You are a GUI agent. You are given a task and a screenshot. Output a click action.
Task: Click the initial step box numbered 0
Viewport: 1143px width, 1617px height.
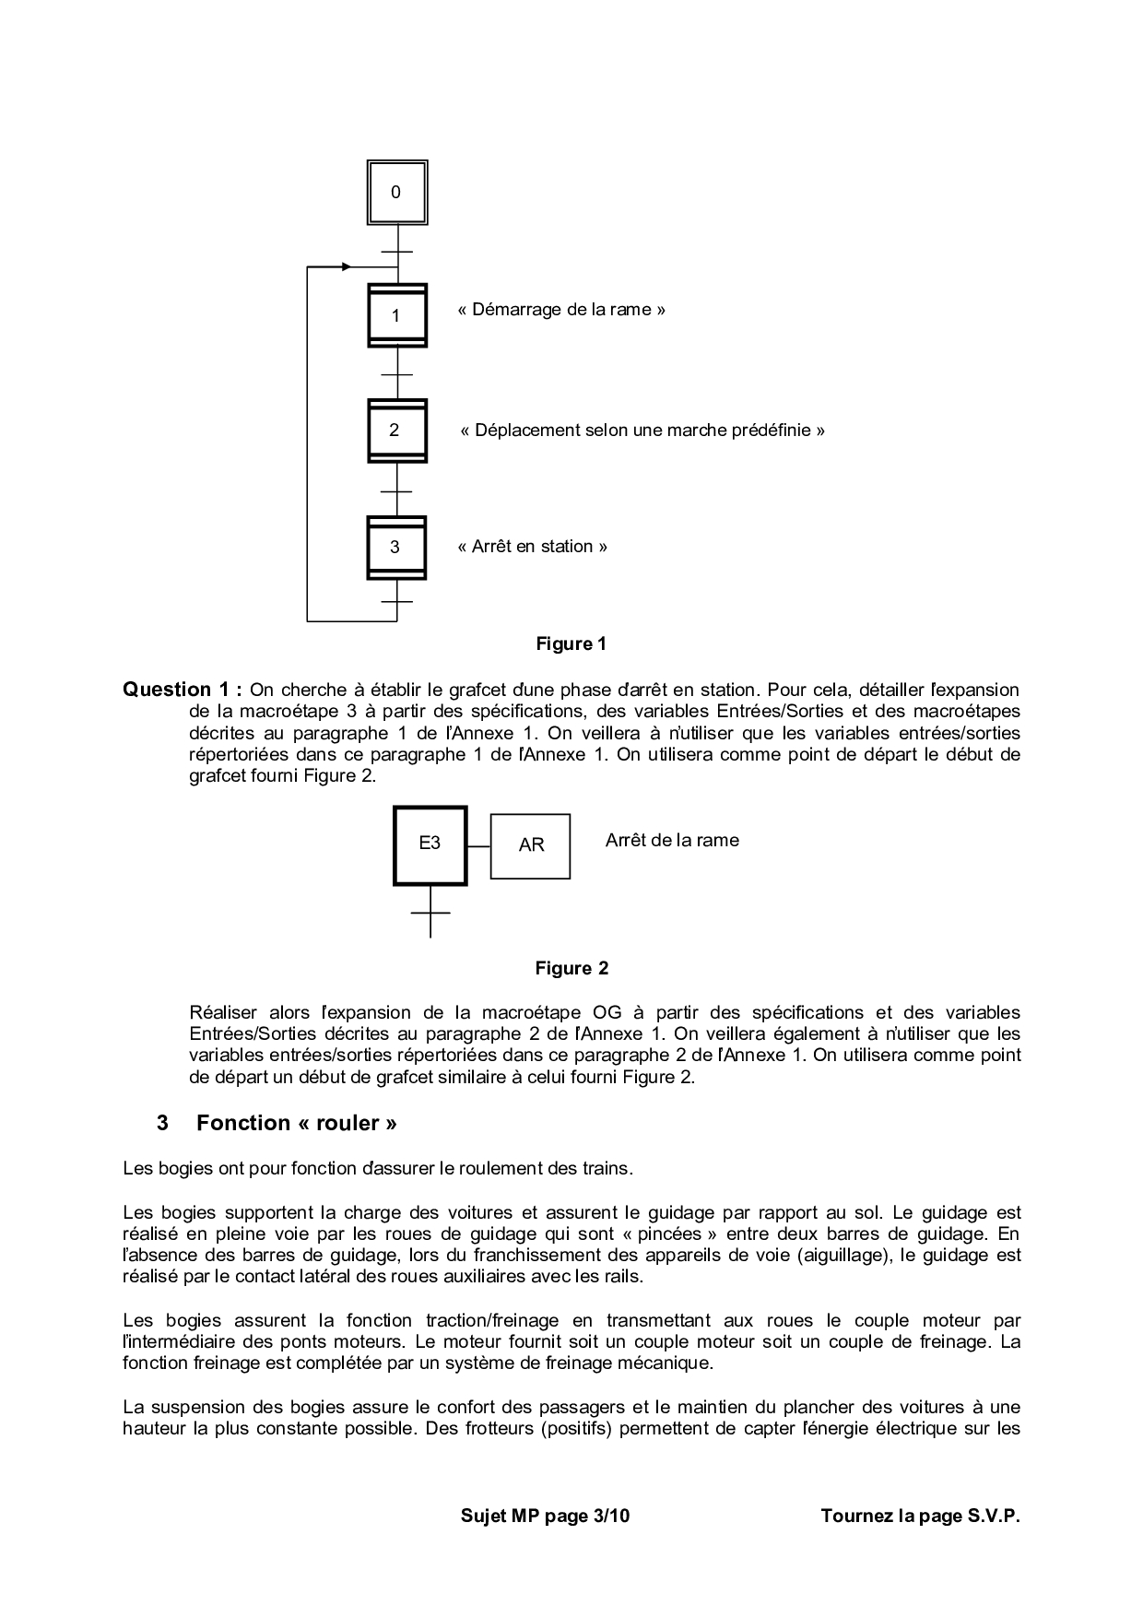(396, 193)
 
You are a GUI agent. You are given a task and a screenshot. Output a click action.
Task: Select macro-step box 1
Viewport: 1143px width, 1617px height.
(396, 315)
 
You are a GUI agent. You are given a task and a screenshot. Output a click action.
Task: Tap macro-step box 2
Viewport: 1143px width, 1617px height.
(396, 431)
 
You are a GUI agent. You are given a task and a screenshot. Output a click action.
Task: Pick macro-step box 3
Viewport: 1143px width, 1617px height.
(396, 547)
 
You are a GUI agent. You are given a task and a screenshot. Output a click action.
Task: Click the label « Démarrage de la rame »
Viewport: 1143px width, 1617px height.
(561, 310)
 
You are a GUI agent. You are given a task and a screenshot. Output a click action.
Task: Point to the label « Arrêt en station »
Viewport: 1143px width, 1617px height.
(533, 547)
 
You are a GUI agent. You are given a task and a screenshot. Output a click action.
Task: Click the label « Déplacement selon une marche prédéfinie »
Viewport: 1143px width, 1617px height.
(642, 431)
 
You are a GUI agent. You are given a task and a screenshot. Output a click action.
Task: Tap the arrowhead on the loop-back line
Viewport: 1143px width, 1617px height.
(346, 267)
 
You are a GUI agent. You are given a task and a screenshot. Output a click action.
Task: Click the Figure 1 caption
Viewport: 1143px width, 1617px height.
(571, 644)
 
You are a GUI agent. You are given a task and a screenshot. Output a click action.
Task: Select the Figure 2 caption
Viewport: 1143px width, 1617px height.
(571, 969)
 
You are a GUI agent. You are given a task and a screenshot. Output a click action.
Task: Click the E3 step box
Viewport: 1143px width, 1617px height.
(430, 844)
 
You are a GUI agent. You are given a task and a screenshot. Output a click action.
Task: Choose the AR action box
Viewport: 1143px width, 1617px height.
(531, 845)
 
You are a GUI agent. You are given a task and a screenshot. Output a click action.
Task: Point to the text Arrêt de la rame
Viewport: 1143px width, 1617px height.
(672, 841)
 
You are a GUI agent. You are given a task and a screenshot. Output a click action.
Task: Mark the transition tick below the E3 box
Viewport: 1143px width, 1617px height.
(430, 913)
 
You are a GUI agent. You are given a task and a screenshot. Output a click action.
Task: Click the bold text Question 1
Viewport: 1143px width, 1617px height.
(183, 690)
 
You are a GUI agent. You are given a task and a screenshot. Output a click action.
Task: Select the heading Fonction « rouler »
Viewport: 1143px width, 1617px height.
(297, 1123)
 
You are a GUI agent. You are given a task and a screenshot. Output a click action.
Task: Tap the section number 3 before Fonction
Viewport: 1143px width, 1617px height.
(163, 1123)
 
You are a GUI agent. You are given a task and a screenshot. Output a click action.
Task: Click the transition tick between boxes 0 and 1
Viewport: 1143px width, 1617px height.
(396, 252)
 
